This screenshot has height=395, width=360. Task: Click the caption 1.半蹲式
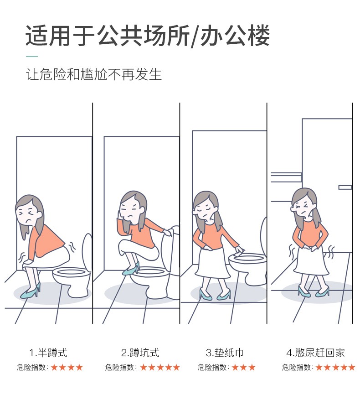pyautogui.click(x=48, y=353)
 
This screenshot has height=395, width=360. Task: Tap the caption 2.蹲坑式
pyautogui.click(x=140, y=353)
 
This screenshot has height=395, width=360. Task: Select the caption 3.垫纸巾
pyautogui.click(x=225, y=353)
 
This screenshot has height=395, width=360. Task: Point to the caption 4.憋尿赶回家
pyautogui.click(x=315, y=353)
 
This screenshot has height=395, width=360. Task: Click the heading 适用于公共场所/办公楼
pyautogui.click(x=148, y=36)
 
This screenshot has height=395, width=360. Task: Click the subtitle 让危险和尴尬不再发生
pyautogui.click(x=94, y=74)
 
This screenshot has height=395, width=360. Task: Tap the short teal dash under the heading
pyautogui.click(x=32, y=57)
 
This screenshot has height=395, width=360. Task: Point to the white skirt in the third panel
pyautogui.click(x=213, y=262)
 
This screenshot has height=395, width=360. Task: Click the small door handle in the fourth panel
pyautogui.click(x=345, y=187)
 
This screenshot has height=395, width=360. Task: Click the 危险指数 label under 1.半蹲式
pyautogui.click(x=31, y=367)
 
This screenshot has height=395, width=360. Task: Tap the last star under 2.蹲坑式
pyautogui.click(x=176, y=367)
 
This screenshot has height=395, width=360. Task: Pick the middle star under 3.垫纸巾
pyautogui.click(x=243, y=367)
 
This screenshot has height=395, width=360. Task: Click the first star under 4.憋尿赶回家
pyautogui.click(x=319, y=367)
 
